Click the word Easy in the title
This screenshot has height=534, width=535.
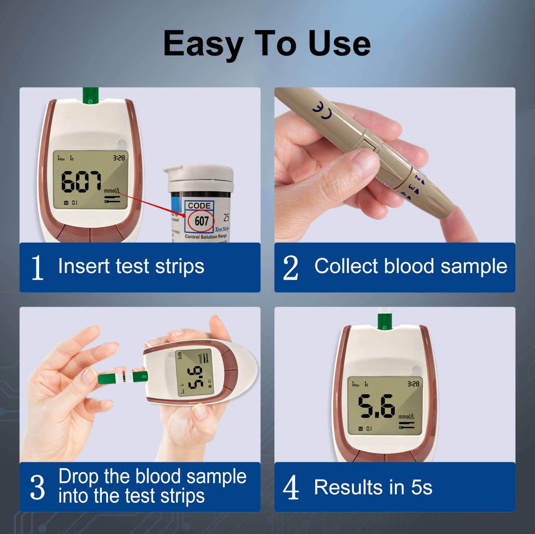click(203, 44)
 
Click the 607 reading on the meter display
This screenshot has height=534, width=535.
click(81, 182)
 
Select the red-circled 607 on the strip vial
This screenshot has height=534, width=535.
click(201, 221)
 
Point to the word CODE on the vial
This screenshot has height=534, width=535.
click(199, 206)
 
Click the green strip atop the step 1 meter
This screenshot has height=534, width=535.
click(90, 96)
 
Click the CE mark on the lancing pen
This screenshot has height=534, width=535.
click(322, 110)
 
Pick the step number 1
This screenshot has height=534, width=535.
click(37, 267)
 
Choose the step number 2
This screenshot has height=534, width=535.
click(290, 267)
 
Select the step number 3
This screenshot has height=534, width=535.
click(37, 488)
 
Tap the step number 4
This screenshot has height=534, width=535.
click(290, 488)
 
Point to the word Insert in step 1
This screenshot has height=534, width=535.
click(84, 266)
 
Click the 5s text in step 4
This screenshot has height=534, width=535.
click(421, 488)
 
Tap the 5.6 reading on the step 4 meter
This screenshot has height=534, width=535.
click(377, 406)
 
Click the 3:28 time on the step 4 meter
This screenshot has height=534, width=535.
click(413, 384)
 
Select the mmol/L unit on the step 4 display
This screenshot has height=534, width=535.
click(406, 416)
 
